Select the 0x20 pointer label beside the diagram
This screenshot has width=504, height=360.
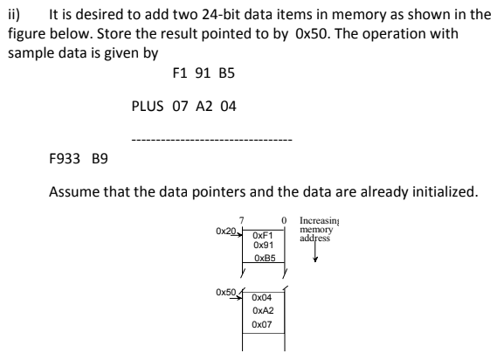click(x=225, y=231)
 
